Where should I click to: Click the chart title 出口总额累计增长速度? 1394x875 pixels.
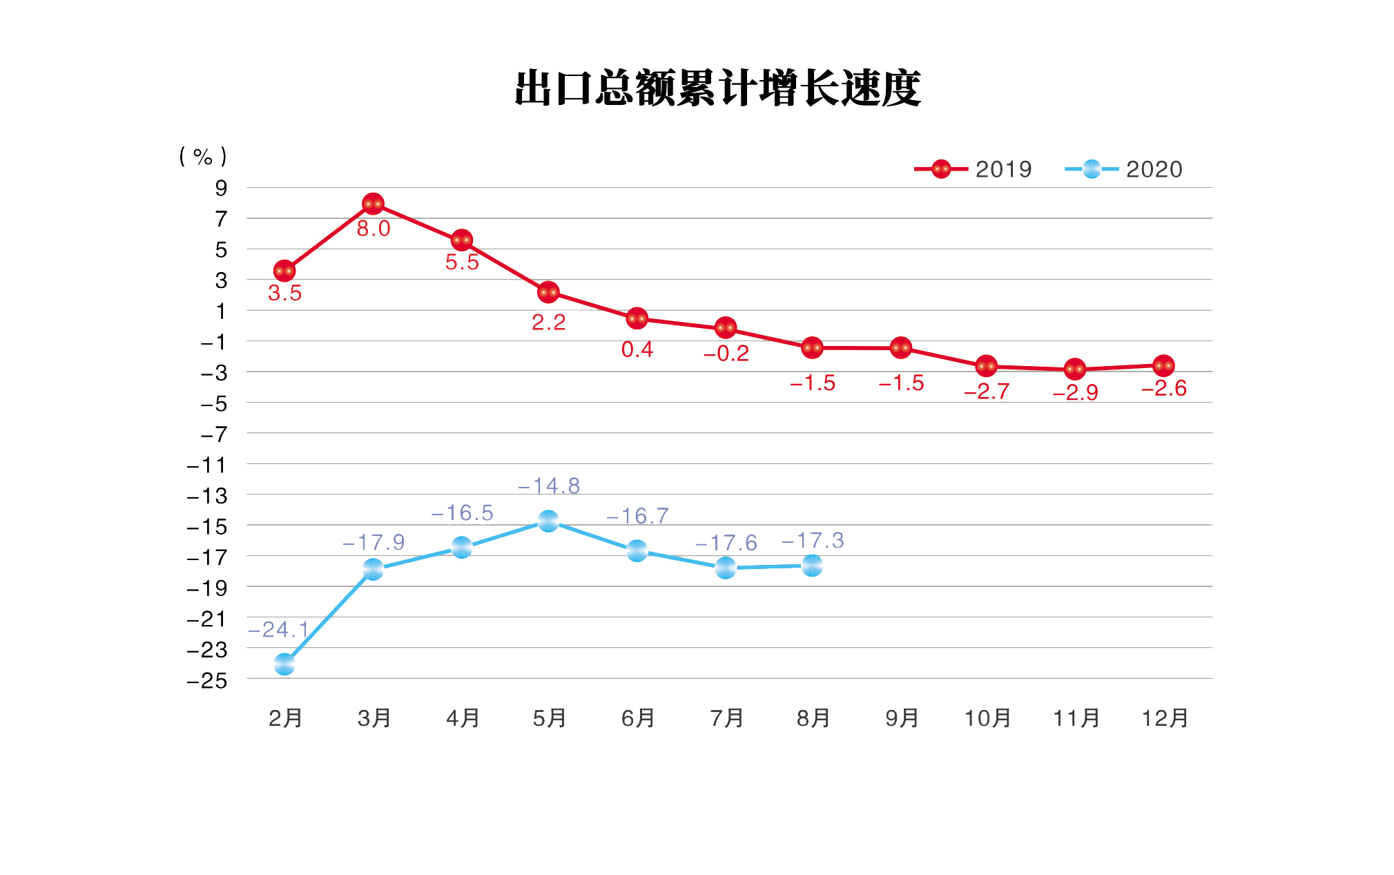pyautogui.click(x=717, y=88)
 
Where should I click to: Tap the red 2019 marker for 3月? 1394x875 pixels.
pyautogui.click(x=373, y=204)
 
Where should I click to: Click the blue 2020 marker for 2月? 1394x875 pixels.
pyautogui.click(x=284, y=664)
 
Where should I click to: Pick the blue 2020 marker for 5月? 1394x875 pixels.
pyautogui.click(x=548, y=521)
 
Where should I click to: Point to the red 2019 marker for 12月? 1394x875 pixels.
pyautogui.click(x=1163, y=365)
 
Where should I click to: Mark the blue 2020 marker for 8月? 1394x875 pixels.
pyautogui.click(x=813, y=566)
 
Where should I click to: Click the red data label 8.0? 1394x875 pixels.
pyautogui.click(x=374, y=229)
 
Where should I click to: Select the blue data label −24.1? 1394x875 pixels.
pyautogui.click(x=278, y=630)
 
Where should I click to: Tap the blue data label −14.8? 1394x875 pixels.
pyautogui.click(x=549, y=486)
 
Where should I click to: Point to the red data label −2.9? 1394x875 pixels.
pyautogui.click(x=1075, y=392)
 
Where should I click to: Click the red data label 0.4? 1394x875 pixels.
pyautogui.click(x=637, y=349)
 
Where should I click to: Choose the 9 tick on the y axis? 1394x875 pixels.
pyautogui.click(x=221, y=188)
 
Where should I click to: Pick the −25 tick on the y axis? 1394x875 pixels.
pyautogui.click(x=207, y=680)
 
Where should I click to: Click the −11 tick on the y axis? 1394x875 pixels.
pyautogui.click(x=207, y=465)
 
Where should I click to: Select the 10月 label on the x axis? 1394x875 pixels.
pyautogui.click(x=987, y=718)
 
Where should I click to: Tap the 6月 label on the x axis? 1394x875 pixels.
pyautogui.click(x=638, y=718)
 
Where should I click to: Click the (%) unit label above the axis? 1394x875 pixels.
pyautogui.click(x=203, y=157)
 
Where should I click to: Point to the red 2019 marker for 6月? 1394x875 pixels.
pyautogui.click(x=637, y=318)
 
